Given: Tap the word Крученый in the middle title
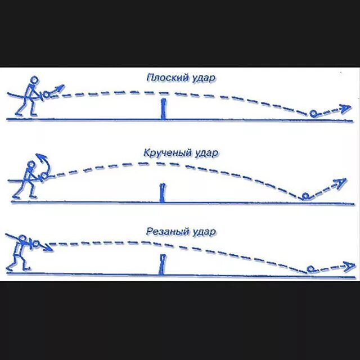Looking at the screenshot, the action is click(x=163, y=152).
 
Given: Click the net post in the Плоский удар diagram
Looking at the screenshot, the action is click(x=163, y=109).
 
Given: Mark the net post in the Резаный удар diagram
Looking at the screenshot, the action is click(x=163, y=264).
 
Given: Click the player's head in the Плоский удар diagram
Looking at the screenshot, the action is click(x=34, y=80).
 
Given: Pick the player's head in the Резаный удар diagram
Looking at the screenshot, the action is click(x=23, y=238).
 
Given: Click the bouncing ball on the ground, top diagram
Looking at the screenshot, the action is click(x=314, y=115).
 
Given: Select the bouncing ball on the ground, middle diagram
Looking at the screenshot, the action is click(x=304, y=196).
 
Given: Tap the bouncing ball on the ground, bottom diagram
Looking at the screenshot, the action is click(x=310, y=269).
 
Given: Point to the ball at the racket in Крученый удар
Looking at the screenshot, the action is click(x=44, y=177).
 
